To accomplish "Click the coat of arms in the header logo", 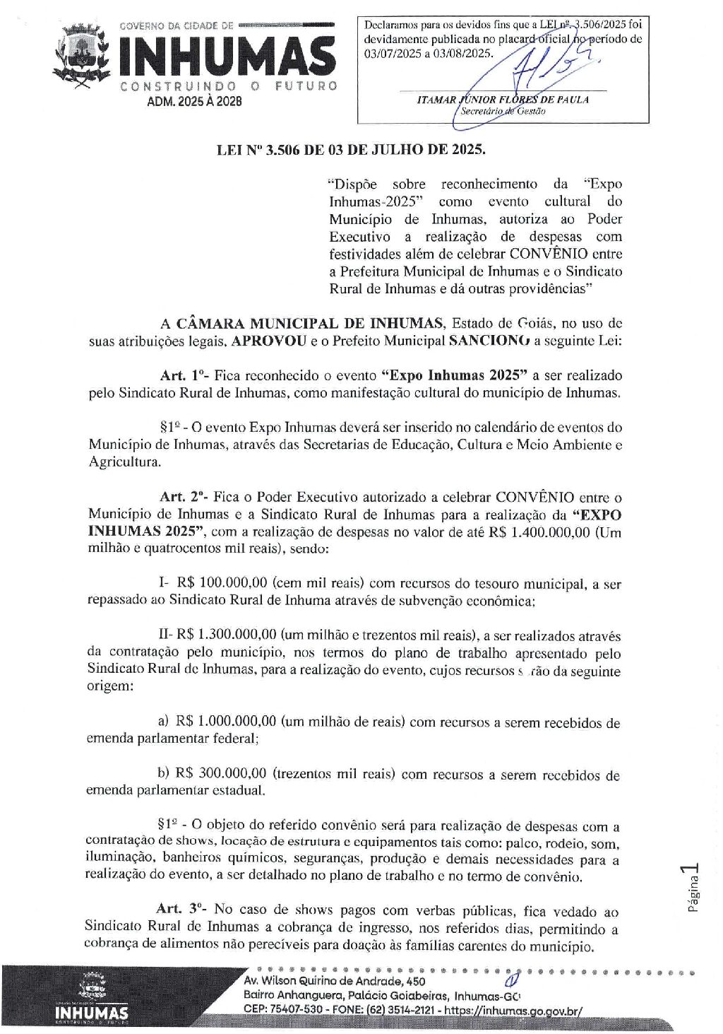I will tap(83, 57).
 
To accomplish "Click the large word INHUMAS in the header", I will tap(226, 57).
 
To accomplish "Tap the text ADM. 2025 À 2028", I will tap(194, 101).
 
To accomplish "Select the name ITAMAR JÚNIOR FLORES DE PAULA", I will tap(503, 100).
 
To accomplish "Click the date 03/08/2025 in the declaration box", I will tap(458, 52).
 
